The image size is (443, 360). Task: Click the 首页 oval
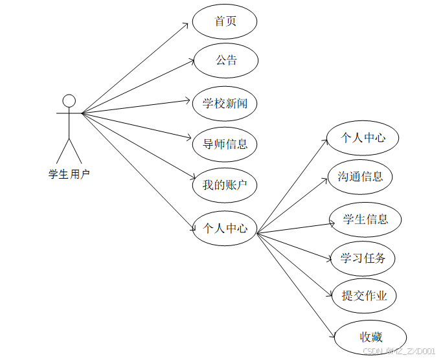tap(225, 21)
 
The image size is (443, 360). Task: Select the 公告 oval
tap(226, 61)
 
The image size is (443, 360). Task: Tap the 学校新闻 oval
tap(225, 103)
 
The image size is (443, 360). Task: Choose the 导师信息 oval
tap(225, 144)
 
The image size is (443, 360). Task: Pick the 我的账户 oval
tap(225, 185)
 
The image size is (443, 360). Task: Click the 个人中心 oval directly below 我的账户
tap(225, 228)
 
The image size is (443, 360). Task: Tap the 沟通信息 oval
tap(360, 176)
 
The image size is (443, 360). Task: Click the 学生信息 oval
tap(365, 219)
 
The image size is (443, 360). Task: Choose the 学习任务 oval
tap(363, 258)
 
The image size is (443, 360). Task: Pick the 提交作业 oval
tap(364, 296)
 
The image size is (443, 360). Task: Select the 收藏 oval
tap(370, 337)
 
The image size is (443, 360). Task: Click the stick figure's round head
tap(69, 100)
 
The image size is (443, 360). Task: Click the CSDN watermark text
tap(398, 351)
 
